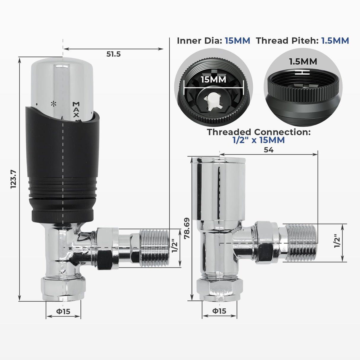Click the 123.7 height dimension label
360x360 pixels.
click(14, 179)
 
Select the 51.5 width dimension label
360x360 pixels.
click(114, 54)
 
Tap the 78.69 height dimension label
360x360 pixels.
click(187, 228)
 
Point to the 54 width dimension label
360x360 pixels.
click(268, 150)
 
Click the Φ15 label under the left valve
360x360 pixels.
click(63, 311)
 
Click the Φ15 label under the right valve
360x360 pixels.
click(219, 311)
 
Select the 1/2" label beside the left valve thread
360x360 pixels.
click(175, 246)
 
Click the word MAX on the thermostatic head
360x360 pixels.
click(76, 110)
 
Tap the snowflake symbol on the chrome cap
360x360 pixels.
click(53, 104)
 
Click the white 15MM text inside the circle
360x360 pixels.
click(214, 79)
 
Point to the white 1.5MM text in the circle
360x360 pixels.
click(303, 61)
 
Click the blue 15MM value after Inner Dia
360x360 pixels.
click(237, 41)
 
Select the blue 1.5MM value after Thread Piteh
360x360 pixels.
click(335, 41)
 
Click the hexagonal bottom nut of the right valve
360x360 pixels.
click(220, 289)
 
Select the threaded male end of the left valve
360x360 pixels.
click(154, 248)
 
